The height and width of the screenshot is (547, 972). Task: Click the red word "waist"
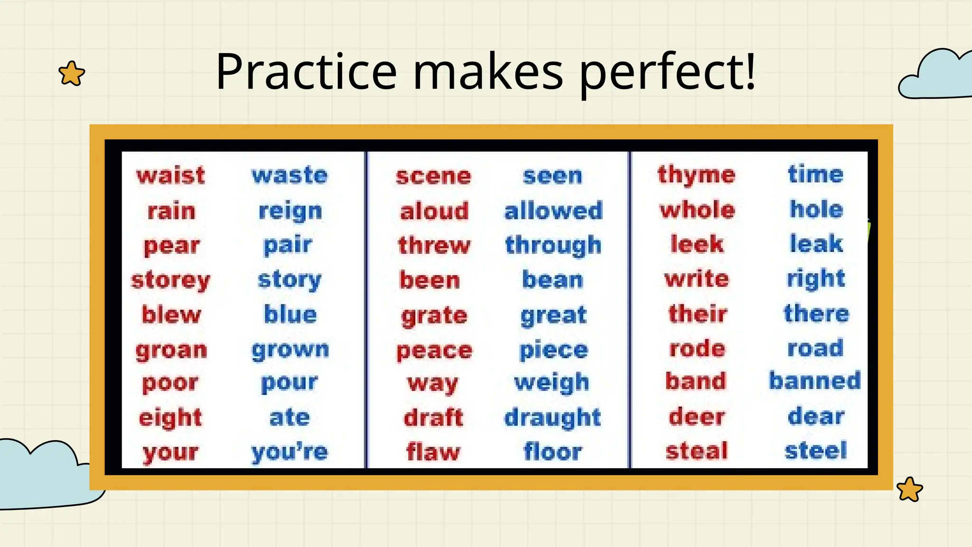171,175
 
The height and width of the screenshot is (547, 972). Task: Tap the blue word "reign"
290,211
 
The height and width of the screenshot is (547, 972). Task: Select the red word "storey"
170,280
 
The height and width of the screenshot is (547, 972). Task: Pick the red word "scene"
433,176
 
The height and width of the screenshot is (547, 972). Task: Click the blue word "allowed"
553,211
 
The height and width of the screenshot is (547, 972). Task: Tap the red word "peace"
434,351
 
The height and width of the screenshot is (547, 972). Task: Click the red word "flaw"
433,452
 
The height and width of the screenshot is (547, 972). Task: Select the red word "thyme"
696,175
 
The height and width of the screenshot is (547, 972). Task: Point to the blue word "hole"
816,209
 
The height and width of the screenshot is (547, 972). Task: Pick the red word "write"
697,279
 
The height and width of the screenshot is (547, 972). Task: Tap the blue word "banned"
815,381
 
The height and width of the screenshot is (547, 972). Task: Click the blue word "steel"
816,451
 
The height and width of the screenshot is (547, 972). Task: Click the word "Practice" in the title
306,72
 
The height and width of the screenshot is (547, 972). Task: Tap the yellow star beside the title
72,74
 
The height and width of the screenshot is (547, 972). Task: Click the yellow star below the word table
909,489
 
